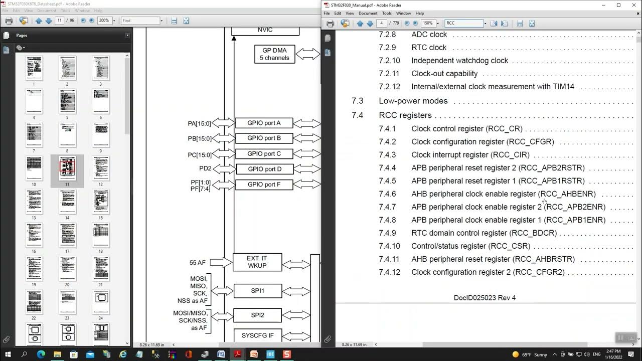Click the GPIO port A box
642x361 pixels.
[264, 123]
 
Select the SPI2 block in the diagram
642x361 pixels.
[257, 315]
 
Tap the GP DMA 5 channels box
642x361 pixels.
[274, 54]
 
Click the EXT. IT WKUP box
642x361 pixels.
[257, 262]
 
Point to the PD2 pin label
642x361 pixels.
[205, 169]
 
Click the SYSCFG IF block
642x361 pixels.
[257, 335]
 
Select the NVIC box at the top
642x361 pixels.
[265, 30]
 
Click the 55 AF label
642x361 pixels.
[197, 262]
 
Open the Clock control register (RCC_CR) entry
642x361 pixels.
[466, 129]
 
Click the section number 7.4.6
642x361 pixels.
[387, 194]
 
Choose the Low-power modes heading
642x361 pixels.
[413, 101]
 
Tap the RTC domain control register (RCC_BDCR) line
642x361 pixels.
[484, 233]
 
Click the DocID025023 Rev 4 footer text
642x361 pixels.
[485, 298]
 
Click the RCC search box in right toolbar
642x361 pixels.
[464, 23]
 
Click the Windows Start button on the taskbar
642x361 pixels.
[8, 354]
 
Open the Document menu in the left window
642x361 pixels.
[47, 11]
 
